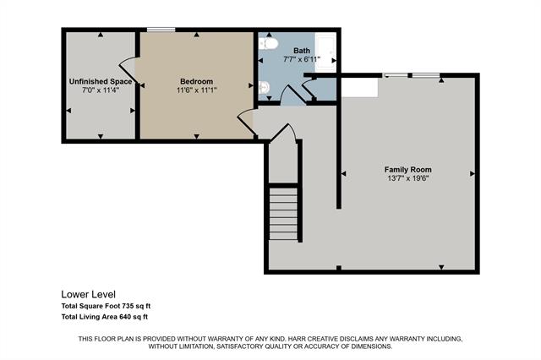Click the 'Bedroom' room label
[x=196, y=82]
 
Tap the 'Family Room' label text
[x=407, y=170]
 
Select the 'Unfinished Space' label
[x=101, y=82]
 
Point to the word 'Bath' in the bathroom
[x=302, y=51]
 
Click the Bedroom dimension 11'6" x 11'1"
[x=196, y=90]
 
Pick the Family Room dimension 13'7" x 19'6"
[x=407, y=178]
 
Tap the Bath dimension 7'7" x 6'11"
[x=302, y=59]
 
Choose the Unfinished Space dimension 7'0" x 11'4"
[x=101, y=90]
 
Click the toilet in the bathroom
[x=268, y=44]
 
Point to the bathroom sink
[x=264, y=88]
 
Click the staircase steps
[x=283, y=214]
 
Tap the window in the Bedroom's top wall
[x=161, y=30]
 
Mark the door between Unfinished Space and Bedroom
[x=128, y=71]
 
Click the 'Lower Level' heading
[x=88, y=294]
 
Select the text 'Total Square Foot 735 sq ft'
[x=106, y=306]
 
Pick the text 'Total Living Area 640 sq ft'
[x=105, y=317]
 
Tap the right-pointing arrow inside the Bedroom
[x=251, y=85]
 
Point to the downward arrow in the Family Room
[x=441, y=267]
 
